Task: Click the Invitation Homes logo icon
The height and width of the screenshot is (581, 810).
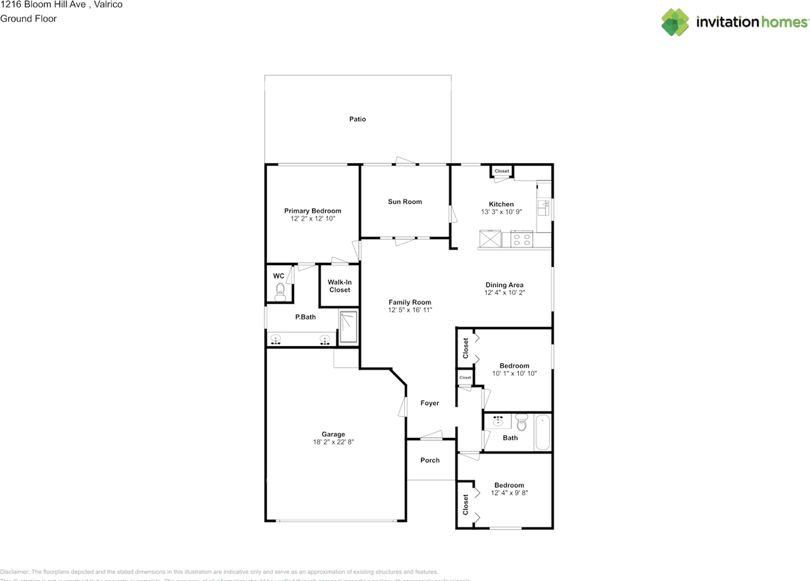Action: [x=675, y=22]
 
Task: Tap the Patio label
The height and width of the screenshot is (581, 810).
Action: [x=358, y=119]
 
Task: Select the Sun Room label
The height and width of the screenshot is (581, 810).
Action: [x=405, y=202]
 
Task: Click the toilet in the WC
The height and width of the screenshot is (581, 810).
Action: [x=280, y=291]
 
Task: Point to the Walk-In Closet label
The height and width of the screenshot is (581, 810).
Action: [x=339, y=286]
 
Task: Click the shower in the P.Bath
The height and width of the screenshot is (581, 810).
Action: [x=349, y=327]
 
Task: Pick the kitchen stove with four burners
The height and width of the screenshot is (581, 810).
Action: [x=522, y=240]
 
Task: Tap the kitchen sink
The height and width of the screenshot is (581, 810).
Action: [x=543, y=207]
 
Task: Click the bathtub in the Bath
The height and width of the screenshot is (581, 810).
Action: [x=542, y=432]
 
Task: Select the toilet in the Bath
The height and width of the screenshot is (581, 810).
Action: [x=521, y=423]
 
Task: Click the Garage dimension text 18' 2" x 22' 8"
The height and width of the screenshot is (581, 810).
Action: [x=333, y=442]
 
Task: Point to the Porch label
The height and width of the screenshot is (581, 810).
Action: [x=430, y=460]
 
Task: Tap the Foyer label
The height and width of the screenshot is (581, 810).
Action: [x=430, y=403]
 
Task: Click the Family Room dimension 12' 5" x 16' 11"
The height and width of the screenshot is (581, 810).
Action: [x=410, y=310]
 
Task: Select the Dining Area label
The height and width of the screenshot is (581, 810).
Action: [x=504, y=285]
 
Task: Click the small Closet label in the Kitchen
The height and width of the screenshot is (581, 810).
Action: [x=502, y=171]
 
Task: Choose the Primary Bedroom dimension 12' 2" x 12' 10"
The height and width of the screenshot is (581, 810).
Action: [x=313, y=218]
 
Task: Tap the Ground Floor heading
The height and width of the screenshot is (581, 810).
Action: [x=28, y=18]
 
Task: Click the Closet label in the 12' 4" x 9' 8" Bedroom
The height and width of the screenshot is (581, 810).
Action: [x=466, y=504]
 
